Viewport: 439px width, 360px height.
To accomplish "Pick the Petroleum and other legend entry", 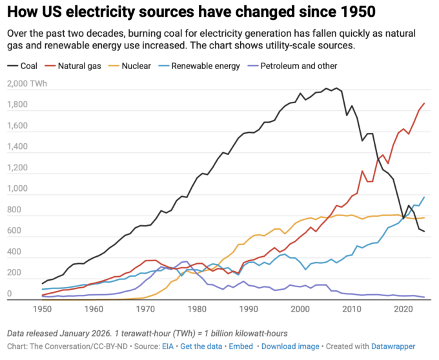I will pos(298,66).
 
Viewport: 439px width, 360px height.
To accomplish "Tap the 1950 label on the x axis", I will pos(42,309).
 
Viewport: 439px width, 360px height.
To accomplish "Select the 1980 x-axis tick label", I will pos(197,309).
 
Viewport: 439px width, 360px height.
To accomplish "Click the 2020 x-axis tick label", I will pos(403,309).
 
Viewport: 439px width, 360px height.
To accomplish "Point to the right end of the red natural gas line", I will pos(424,103).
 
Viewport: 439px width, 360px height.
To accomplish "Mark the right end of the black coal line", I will pos(424,232).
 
